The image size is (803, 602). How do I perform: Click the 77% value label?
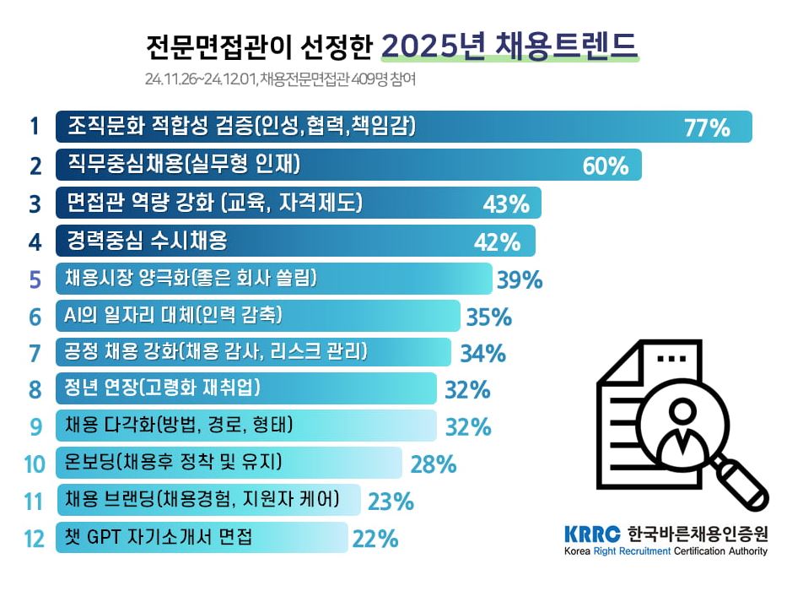coord(706,128)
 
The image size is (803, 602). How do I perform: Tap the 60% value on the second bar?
coord(606,165)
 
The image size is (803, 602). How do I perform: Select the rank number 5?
coord(35,279)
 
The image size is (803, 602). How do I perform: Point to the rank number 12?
coord(34,539)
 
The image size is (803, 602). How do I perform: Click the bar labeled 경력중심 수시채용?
coord(295,241)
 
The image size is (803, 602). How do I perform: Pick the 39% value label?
coord(519,279)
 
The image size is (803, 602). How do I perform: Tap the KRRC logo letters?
coord(592,534)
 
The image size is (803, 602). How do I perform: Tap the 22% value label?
coord(375,538)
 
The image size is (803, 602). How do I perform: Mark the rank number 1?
coord(35,127)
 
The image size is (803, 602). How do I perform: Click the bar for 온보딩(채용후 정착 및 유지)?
coord(229,463)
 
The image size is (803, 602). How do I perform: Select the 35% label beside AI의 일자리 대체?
coord(488,317)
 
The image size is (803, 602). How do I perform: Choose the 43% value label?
coord(505,203)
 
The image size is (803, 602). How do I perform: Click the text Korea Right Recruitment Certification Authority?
coord(666,551)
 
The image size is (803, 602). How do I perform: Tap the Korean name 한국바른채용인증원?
coord(698,534)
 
